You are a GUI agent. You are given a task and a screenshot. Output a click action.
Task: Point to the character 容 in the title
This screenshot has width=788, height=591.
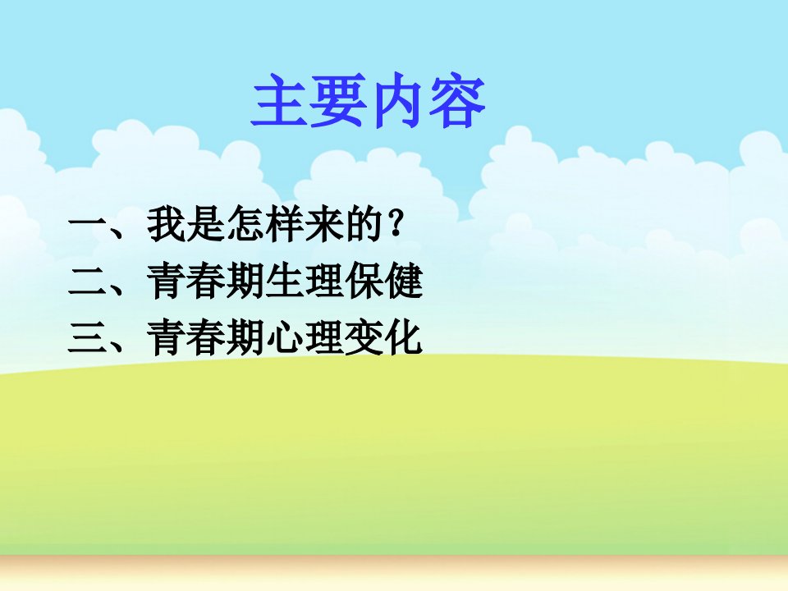coord(456,100)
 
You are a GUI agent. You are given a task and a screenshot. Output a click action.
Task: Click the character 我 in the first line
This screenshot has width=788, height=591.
coord(167,223)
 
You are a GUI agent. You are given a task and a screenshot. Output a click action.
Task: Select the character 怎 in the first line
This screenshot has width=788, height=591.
coord(245,223)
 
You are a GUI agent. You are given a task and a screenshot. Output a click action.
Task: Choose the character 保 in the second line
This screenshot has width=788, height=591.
coord(364,281)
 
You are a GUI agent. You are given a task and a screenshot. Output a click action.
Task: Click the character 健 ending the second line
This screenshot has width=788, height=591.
coord(404,281)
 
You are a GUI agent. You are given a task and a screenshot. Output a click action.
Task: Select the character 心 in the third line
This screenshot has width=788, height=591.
coord(285,337)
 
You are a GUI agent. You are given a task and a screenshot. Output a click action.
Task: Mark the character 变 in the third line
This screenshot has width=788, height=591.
coord(364,337)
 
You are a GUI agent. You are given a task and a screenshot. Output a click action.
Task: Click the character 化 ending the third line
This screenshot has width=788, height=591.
coord(404,337)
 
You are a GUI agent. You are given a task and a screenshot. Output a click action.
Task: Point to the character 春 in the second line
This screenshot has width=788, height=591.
coord(205,281)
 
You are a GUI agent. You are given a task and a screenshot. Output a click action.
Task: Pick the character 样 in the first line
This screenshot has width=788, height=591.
coord(285,223)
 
